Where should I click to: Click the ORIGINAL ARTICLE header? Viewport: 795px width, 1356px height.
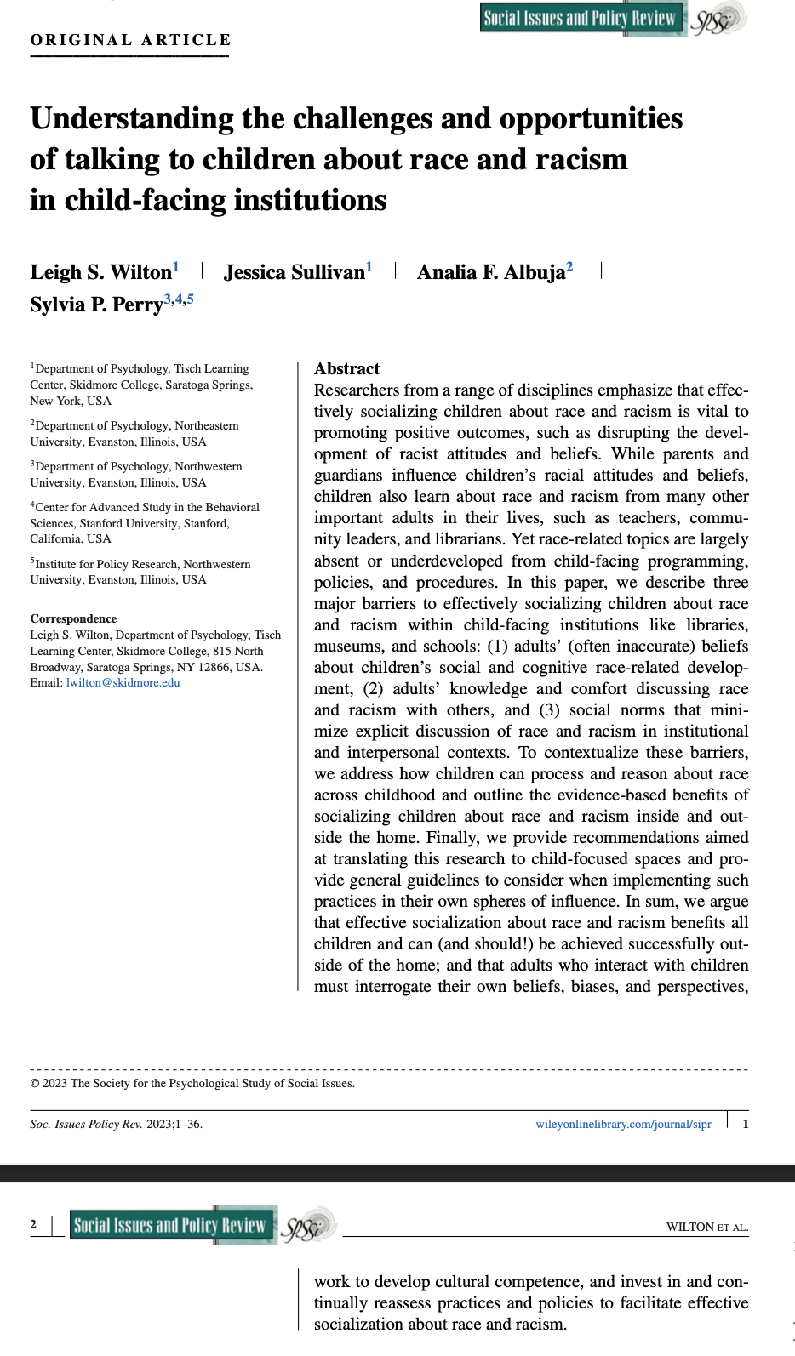(x=130, y=40)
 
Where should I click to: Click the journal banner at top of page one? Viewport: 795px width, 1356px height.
(x=581, y=19)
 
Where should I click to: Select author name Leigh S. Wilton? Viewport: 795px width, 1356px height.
(x=100, y=272)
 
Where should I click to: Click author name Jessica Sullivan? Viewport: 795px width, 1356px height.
(x=294, y=272)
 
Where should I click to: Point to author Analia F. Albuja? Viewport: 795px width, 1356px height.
(x=490, y=272)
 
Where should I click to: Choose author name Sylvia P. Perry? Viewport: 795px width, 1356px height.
(x=96, y=305)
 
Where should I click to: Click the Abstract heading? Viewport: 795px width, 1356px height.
(x=346, y=368)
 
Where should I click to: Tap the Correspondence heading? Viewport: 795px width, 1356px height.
(x=73, y=618)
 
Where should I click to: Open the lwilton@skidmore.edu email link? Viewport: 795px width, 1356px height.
(x=123, y=682)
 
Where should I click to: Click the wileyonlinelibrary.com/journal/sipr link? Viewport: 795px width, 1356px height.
(x=623, y=1124)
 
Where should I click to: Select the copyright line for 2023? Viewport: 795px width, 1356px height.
(x=192, y=1083)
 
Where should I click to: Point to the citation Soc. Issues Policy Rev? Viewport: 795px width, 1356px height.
(x=86, y=1124)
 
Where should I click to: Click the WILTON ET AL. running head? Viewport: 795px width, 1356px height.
(x=706, y=1227)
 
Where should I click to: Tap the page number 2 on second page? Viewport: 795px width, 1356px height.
(x=33, y=1225)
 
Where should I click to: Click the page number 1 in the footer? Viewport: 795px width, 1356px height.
(x=746, y=1124)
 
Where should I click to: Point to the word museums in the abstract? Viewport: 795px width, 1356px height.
(x=347, y=647)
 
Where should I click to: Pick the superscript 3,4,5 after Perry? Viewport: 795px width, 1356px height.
(x=179, y=299)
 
